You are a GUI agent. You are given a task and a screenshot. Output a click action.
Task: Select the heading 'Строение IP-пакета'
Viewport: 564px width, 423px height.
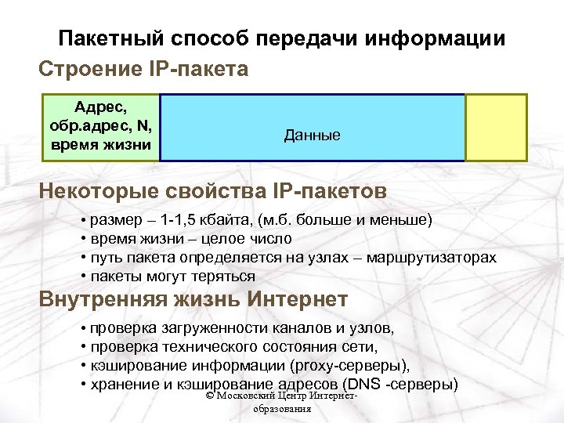[143, 69]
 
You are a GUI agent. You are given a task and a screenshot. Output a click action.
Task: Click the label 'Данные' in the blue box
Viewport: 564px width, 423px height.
[312, 136]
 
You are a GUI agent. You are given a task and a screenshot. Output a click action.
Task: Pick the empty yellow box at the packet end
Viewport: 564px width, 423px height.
[495, 128]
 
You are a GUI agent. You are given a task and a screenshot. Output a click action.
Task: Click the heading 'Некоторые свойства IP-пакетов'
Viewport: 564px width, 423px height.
[212, 192]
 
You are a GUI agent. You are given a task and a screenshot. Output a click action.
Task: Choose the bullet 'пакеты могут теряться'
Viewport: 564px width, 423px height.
[172, 277]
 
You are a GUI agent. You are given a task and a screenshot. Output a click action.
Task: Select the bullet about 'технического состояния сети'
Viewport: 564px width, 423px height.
[233, 347]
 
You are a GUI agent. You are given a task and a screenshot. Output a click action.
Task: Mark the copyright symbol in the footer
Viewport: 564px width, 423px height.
[208, 399]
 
